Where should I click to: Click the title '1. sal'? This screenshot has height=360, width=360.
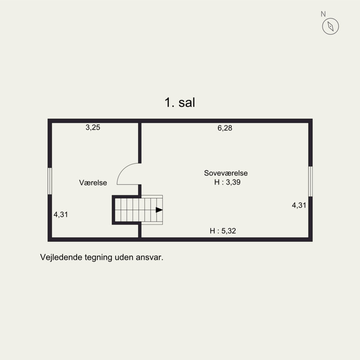[x=180, y=103]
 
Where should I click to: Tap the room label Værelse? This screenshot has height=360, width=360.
[x=93, y=183]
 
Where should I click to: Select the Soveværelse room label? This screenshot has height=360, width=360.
[x=226, y=173]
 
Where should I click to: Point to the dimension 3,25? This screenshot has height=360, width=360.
[x=93, y=127]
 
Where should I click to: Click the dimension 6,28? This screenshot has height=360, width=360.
[x=225, y=128]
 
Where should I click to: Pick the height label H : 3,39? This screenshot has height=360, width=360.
[x=227, y=182]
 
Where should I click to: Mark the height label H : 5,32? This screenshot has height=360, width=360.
[x=223, y=231]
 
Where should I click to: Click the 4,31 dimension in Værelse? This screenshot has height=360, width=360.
[x=61, y=215]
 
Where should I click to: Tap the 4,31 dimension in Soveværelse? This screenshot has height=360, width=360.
[x=299, y=205]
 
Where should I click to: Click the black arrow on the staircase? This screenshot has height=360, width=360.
[x=159, y=210]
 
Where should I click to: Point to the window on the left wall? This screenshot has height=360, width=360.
[x=49, y=181]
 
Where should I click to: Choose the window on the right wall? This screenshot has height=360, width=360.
[x=310, y=181]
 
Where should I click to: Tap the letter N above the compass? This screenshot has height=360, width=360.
[x=323, y=14]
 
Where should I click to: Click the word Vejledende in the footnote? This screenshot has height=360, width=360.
[x=61, y=257]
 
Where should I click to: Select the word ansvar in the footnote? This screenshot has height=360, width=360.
[x=149, y=258]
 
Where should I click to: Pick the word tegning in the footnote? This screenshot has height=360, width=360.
[x=99, y=258]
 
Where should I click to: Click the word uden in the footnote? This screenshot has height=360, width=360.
[x=124, y=257]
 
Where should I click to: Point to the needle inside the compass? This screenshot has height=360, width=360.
[x=330, y=27]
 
